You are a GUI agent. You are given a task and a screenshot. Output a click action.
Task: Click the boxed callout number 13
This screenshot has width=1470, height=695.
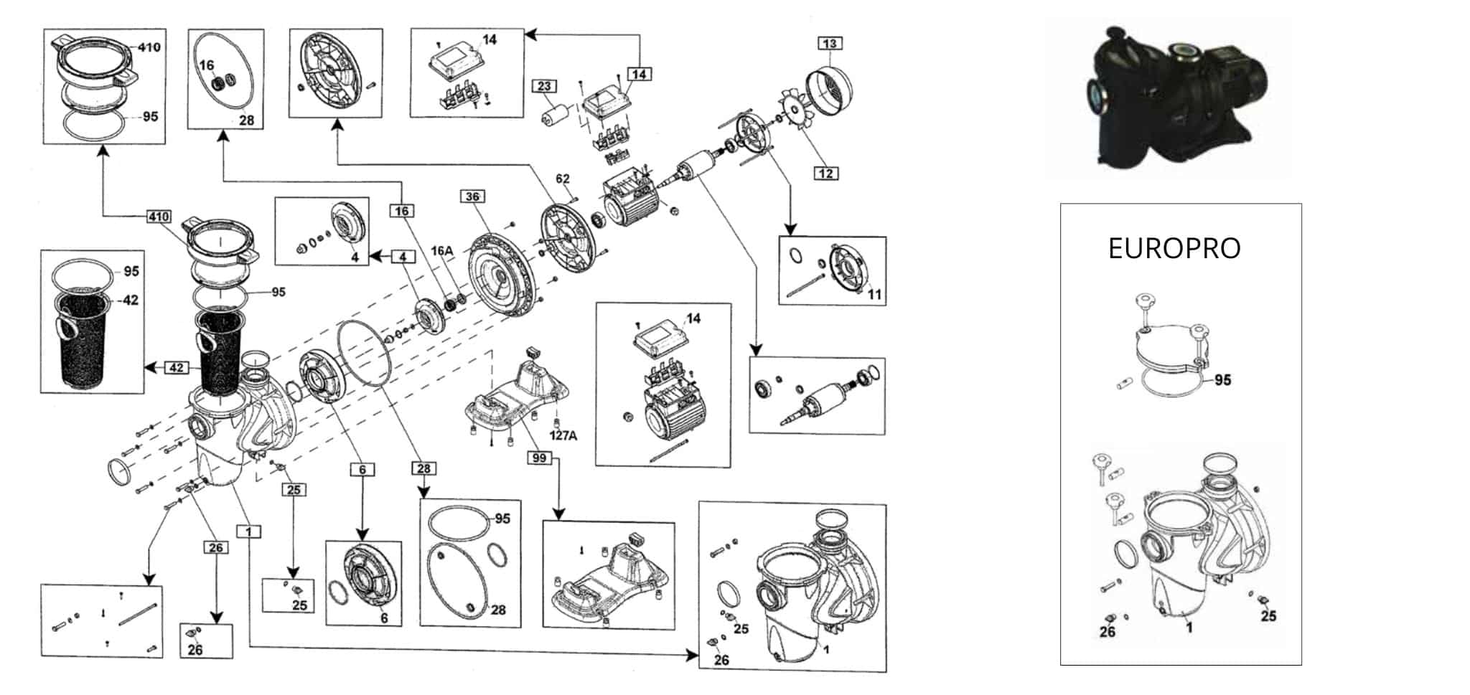click(830, 43)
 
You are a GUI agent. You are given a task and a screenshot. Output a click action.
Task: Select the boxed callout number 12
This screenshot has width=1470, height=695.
click(826, 173)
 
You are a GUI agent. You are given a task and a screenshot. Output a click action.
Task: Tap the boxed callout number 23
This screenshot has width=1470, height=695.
click(544, 86)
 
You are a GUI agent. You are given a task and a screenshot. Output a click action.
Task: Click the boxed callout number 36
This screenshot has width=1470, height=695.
click(472, 197)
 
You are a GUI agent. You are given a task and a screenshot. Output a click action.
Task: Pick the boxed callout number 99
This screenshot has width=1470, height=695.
click(540, 458)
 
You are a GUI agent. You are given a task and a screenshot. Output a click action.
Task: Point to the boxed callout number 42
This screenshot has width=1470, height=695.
click(177, 368)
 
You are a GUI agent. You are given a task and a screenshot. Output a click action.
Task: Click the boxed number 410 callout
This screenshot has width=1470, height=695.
click(159, 216)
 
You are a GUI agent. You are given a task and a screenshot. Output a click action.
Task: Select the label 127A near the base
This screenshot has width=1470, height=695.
click(563, 435)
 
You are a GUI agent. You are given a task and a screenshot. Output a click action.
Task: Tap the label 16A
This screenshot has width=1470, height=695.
click(442, 251)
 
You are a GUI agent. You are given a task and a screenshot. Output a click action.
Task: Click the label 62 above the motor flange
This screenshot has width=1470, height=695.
click(562, 179)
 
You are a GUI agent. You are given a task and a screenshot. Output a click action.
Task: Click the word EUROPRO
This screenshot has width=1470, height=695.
click(1174, 248)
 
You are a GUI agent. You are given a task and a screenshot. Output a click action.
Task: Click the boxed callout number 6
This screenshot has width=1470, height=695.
click(362, 470)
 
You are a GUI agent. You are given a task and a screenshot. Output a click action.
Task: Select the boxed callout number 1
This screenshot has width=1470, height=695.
click(248, 531)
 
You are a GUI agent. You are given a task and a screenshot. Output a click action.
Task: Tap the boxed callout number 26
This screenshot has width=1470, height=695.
click(215, 548)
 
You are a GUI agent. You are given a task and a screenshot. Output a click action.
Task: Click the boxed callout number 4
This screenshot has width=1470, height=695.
click(403, 257)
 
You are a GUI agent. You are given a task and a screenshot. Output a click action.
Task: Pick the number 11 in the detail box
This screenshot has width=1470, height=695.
click(874, 294)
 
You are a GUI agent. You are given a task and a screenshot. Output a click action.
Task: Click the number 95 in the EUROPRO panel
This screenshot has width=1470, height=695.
click(1222, 379)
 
